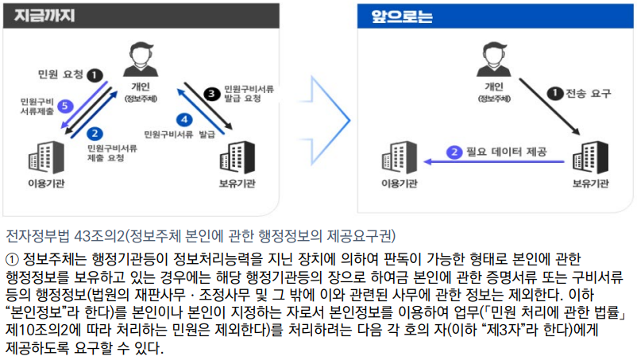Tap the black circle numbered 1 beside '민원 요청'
(x=95, y=75)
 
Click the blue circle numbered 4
(x=184, y=120)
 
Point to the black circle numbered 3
(x=210, y=94)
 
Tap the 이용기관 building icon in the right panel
(x=400, y=160)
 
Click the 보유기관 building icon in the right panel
(x=591, y=158)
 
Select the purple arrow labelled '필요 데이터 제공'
(x=492, y=161)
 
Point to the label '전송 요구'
(x=589, y=94)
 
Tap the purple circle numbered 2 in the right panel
(x=454, y=152)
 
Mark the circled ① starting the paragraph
(x=12, y=259)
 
